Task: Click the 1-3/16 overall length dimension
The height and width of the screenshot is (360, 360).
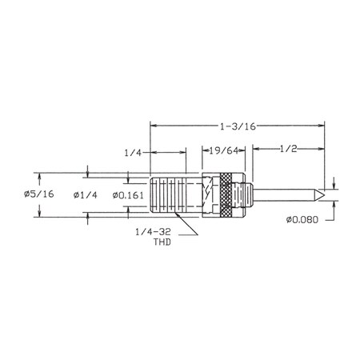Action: (238, 126)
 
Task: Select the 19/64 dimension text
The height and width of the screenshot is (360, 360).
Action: (223, 151)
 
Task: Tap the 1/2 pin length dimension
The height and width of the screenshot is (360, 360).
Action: (288, 149)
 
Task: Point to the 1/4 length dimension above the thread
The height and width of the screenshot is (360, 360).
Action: (133, 153)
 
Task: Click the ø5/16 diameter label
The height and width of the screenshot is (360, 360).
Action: (38, 194)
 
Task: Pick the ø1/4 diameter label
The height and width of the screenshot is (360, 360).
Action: (86, 195)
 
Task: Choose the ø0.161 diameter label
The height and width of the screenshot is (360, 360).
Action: (128, 195)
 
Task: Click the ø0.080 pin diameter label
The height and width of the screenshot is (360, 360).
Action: (302, 220)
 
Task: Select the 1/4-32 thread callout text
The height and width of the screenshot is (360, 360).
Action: (153, 232)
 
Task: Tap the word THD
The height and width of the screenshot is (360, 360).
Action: (162, 242)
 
